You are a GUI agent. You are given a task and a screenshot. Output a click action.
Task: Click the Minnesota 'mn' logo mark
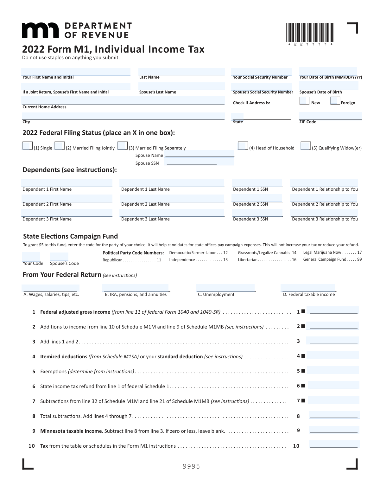(x=40, y=30)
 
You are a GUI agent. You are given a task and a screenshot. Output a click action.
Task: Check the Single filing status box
(x=28, y=146)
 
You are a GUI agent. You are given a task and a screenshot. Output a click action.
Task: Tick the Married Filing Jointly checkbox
(x=60, y=146)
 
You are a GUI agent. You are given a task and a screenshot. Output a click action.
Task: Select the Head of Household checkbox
(x=243, y=146)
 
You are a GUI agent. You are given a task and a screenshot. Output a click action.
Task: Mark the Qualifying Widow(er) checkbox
(x=306, y=146)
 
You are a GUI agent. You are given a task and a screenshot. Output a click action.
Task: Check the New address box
(x=304, y=101)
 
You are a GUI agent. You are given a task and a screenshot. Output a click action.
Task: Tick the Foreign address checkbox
(x=335, y=101)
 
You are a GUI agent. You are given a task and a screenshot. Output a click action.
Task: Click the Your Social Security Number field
(x=261, y=72)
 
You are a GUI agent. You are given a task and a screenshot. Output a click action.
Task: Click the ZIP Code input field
(x=330, y=116)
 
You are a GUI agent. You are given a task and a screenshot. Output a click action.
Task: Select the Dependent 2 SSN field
(x=257, y=198)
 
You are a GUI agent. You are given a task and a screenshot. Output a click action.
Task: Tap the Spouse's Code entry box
(x=59, y=257)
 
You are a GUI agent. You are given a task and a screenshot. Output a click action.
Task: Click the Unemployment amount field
(x=225, y=288)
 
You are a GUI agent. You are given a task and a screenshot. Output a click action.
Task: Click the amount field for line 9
(x=334, y=430)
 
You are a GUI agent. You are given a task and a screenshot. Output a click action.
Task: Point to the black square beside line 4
(x=303, y=356)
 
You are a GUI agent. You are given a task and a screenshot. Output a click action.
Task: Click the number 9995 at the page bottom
(x=191, y=466)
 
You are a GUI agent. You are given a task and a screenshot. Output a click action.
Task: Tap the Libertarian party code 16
(x=294, y=260)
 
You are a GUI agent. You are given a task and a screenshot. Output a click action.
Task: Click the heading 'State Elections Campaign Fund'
(x=70, y=236)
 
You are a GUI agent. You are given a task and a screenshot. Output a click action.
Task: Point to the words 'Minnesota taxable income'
(x=71, y=431)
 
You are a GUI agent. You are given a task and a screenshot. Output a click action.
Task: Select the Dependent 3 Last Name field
(x=172, y=213)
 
